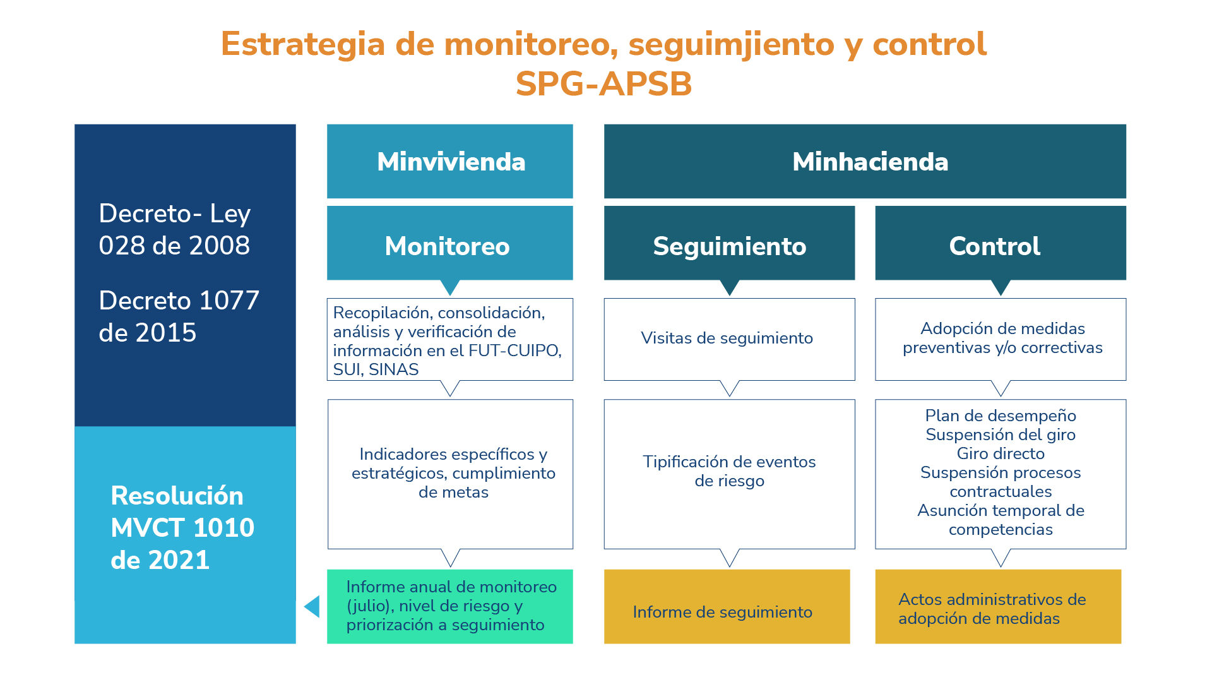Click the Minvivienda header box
coord(449,161)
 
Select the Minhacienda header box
coord(865,161)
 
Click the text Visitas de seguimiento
coord(727,338)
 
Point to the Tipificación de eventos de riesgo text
coord(730,471)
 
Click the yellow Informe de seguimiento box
coord(727,607)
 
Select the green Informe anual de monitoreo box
coord(449,607)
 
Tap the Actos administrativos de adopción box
coord(998,607)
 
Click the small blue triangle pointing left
coord(312,607)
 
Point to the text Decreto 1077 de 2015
coord(179,316)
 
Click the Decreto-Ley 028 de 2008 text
coord(175,229)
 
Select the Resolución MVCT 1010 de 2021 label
coord(182,528)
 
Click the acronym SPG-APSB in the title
coord(604,83)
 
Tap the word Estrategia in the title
coord(303,44)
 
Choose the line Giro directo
coord(1001,453)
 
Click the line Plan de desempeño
coord(1001,416)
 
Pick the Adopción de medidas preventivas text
coord(1002,338)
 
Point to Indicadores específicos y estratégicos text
coord(453,473)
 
